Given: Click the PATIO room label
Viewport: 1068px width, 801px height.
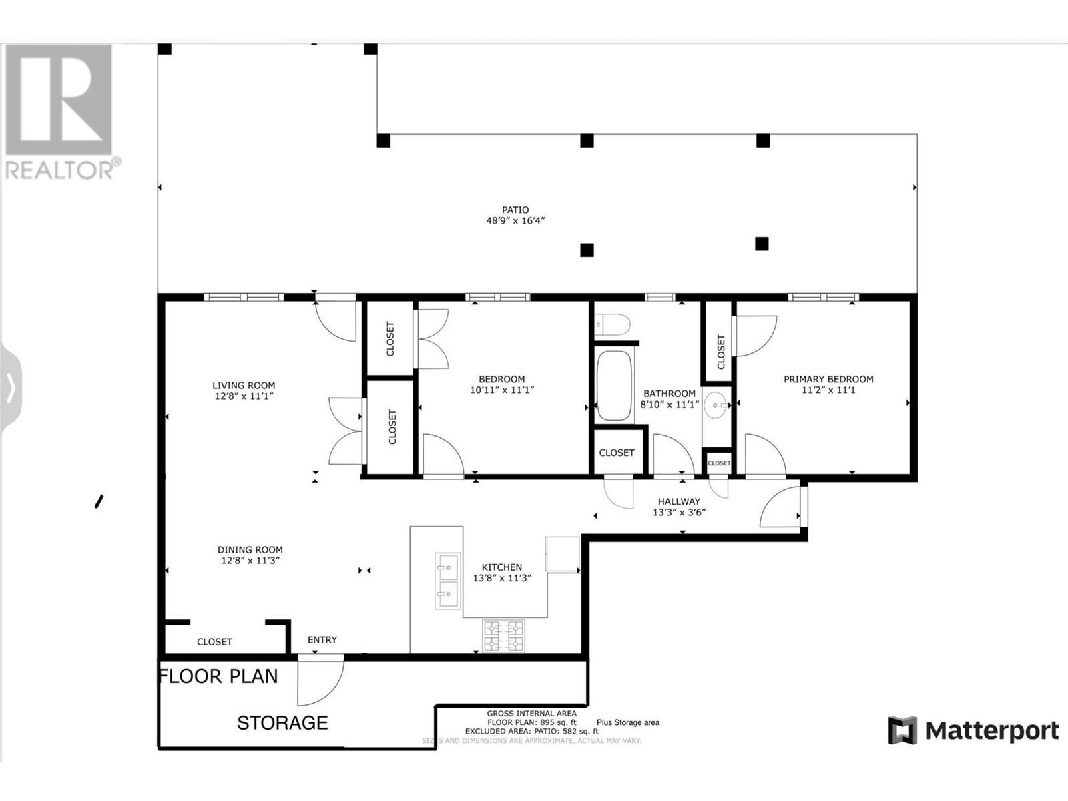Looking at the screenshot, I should coord(515,210).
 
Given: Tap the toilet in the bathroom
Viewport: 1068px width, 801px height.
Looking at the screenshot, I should coord(611,325).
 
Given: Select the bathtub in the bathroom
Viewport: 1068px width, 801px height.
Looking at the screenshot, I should coord(614,386).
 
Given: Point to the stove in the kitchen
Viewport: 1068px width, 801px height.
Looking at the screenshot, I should coord(503,635).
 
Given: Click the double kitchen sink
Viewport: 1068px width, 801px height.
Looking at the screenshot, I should coord(447,580).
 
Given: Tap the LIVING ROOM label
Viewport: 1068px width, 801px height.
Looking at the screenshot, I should coord(244,385).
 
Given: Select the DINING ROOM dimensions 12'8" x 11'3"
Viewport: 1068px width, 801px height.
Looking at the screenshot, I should coord(250,561).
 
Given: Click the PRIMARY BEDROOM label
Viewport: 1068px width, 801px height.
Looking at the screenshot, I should coord(828,379).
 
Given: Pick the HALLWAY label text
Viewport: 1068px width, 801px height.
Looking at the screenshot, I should coord(679,501).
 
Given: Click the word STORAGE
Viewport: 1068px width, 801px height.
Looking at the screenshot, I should coord(282,723).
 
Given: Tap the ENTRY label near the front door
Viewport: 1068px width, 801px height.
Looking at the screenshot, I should coord(322,639).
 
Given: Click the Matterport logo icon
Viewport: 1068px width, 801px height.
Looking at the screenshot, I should coord(902,730).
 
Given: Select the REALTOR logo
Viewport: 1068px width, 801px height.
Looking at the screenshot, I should coord(60,110).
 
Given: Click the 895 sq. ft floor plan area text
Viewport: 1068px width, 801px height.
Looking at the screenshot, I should coord(531,722).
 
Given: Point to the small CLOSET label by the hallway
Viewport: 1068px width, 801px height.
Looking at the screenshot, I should coord(719,463).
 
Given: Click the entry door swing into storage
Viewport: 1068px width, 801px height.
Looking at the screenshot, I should coord(320,681).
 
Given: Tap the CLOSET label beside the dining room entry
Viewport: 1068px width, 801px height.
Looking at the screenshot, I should coord(214,642).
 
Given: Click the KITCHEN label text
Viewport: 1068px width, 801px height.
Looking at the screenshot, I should coord(502,567).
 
